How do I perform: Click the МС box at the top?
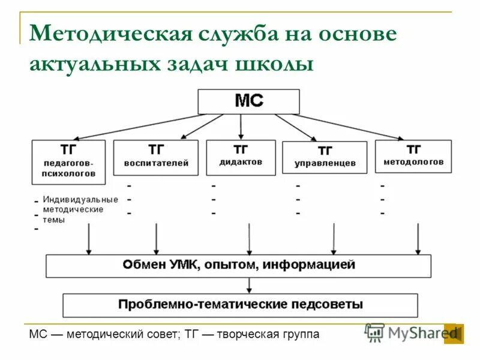pyautogui.click(x=248, y=101)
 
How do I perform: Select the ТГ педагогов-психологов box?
pyautogui.click(x=68, y=162)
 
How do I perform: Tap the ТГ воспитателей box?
pyautogui.click(x=155, y=158)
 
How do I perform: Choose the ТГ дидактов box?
pyautogui.click(x=241, y=157)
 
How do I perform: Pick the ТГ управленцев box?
pyautogui.click(x=325, y=158)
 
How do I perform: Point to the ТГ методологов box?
pyautogui.click(x=413, y=156)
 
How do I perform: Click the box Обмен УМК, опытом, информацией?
pyautogui.click(x=238, y=266)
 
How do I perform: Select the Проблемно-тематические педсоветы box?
pyautogui.click(x=240, y=305)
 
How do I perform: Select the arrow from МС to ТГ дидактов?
pyautogui.click(x=241, y=127)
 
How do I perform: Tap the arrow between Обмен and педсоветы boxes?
pyautogui.click(x=250, y=285)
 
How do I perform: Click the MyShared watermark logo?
pyautogui.click(x=414, y=332)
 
